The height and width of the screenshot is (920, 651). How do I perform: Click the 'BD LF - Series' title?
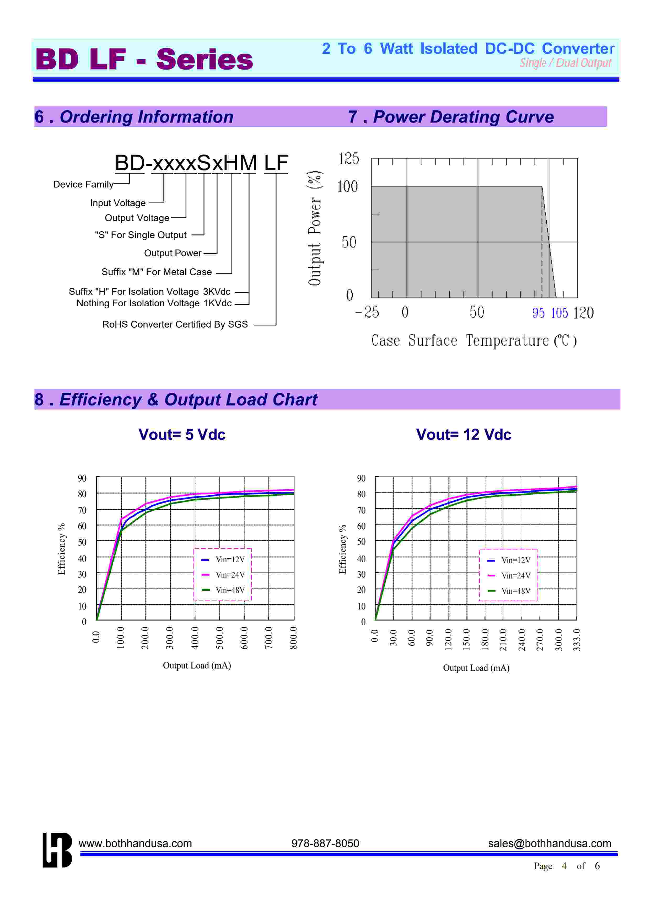click(x=144, y=59)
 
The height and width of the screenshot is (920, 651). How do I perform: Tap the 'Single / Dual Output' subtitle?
click(x=566, y=63)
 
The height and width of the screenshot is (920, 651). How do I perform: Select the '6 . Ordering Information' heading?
click(x=134, y=117)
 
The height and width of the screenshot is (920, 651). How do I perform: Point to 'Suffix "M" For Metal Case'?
click(x=156, y=272)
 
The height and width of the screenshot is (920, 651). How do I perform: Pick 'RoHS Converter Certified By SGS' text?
click(x=175, y=324)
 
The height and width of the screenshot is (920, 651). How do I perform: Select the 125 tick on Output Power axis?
click(x=348, y=159)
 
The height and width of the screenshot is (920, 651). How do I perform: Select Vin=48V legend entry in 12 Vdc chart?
click(x=515, y=591)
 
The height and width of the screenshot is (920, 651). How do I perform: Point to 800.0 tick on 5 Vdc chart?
click(x=293, y=637)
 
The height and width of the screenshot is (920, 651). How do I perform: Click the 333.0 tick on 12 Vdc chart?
click(x=577, y=639)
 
